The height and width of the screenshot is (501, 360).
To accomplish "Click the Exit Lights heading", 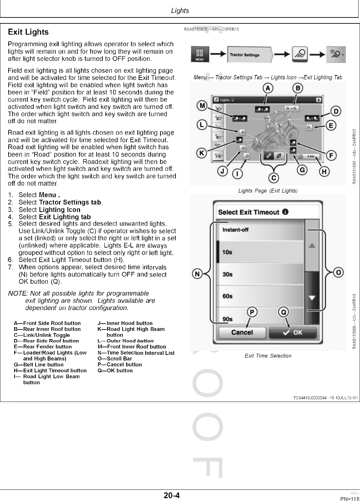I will click(x=28, y=32).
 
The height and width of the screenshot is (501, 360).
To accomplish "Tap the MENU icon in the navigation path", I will click(x=200, y=55).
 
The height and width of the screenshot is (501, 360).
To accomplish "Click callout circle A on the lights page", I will click(x=268, y=88).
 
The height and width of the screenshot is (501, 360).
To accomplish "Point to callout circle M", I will click(x=202, y=106).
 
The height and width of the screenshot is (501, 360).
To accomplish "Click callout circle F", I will click(x=330, y=155).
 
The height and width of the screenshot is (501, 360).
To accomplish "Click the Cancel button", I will click(x=242, y=332).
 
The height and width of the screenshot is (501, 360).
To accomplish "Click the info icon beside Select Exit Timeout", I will click(x=285, y=212).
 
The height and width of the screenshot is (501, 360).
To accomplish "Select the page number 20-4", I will click(x=172, y=495).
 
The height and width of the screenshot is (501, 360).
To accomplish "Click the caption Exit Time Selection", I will click(x=268, y=356).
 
